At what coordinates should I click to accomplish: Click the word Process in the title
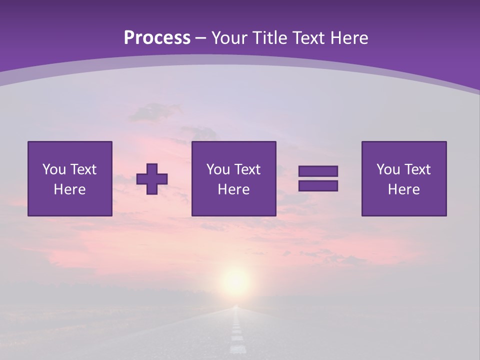point(157,38)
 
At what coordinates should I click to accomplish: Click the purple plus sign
point(152,179)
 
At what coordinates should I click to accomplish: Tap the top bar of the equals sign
point(318,171)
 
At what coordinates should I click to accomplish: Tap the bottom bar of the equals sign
point(318,185)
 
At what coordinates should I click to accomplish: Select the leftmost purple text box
point(70,178)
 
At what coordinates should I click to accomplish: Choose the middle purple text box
point(233,178)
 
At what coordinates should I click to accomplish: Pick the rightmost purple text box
point(403,178)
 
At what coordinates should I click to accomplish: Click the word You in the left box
point(54,169)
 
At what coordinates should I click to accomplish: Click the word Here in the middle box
point(233,189)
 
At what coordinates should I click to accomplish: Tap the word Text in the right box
point(417,169)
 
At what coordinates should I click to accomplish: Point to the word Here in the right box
point(403,189)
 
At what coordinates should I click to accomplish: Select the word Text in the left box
point(83,169)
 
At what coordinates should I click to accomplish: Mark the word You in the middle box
point(218,169)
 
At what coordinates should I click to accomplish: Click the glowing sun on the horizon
point(235,281)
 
